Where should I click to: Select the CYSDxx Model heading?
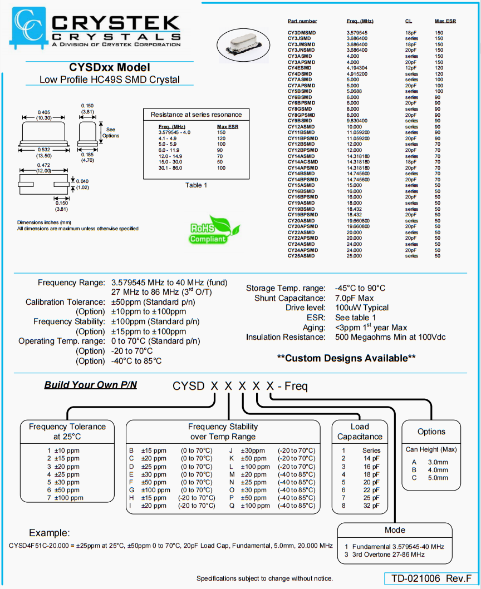click(x=109, y=67)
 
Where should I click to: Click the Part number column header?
click(x=302, y=21)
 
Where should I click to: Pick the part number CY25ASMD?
click(x=300, y=256)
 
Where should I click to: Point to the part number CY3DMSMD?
click(x=301, y=33)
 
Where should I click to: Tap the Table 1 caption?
click(x=196, y=185)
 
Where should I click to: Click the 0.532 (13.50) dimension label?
click(x=46, y=152)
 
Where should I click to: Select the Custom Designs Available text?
click(x=346, y=358)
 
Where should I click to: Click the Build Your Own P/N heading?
click(x=91, y=385)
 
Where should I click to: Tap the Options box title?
click(x=431, y=432)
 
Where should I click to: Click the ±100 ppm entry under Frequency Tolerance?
click(x=65, y=498)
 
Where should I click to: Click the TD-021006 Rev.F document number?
click(x=430, y=578)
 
